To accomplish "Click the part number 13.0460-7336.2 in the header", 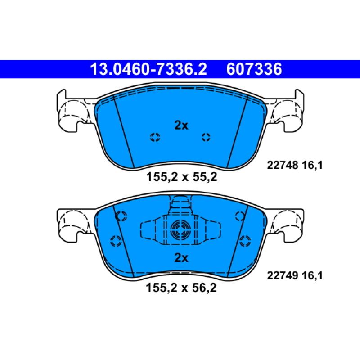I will [x=148, y=69].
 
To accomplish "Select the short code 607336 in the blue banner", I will [x=255, y=69].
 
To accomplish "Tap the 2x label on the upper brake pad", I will [x=181, y=126].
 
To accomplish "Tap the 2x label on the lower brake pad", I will [x=181, y=258].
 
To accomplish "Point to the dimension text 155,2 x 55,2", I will [x=182, y=177].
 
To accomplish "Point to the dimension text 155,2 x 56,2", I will [x=182, y=288].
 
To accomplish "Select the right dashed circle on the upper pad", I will [x=206, y=138].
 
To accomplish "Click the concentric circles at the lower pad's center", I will [x=180, y=232].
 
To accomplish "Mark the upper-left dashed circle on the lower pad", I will [x=120, y=217].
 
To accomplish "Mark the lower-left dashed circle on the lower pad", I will [x=115, y=240].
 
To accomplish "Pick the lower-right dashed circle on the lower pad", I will [x=245, y=240].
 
